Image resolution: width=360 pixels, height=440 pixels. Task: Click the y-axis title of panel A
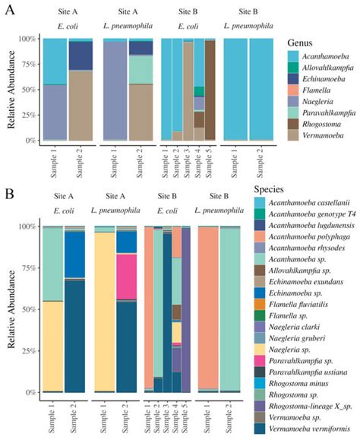[x=11, y=90]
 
